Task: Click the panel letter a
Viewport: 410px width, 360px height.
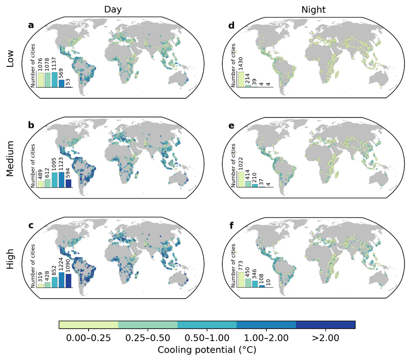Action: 31,25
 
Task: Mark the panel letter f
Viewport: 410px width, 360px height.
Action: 231,225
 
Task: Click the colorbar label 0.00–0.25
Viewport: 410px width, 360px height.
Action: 89,338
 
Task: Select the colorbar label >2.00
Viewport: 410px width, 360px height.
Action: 326,338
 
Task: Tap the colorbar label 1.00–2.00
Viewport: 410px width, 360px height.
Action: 266,338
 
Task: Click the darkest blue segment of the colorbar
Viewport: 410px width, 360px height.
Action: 326,324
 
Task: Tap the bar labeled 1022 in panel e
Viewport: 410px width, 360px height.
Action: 241,179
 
